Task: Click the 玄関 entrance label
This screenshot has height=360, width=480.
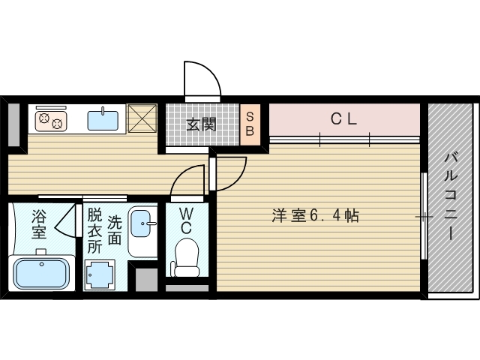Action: point(201,124)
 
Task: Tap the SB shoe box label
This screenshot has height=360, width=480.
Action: point(250,124)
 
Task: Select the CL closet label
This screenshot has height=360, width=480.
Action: point(343,118)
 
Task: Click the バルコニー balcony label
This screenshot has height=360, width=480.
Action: point(451,195)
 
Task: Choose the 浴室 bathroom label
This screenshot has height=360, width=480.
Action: point(38,224)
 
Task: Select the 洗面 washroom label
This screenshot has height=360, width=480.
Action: point(114,230)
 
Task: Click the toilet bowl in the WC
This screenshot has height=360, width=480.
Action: point(186,255)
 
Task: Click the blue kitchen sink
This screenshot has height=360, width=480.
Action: point(102,119)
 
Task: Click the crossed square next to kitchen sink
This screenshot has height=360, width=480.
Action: point(141,118)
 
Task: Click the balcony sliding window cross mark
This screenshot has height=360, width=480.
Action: point(424,217)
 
